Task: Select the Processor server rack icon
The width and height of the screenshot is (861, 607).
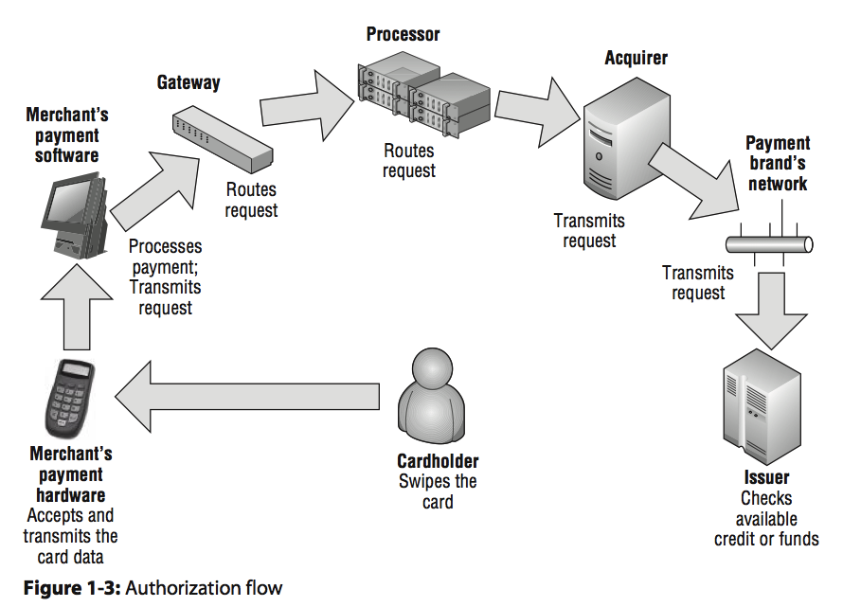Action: pos(423,98)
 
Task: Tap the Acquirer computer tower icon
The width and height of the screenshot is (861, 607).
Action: pos(616,137)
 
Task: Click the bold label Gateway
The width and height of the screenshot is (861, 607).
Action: pos(188,83)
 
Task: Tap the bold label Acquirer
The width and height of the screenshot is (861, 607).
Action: pos(636,59)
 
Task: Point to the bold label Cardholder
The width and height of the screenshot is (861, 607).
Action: pos(438,462)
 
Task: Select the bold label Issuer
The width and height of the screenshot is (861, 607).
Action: pos(766,478)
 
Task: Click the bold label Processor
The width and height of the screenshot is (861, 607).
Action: pos(404,35)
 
